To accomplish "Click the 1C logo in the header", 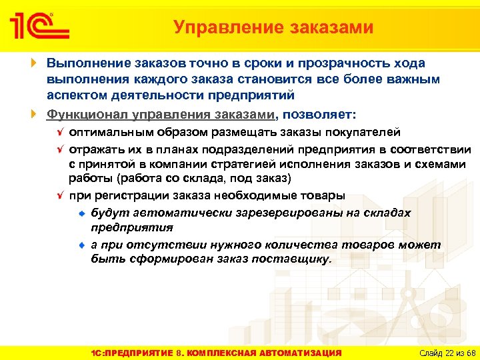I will tap(38, 27).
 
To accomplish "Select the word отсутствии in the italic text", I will tap(153, 245).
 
